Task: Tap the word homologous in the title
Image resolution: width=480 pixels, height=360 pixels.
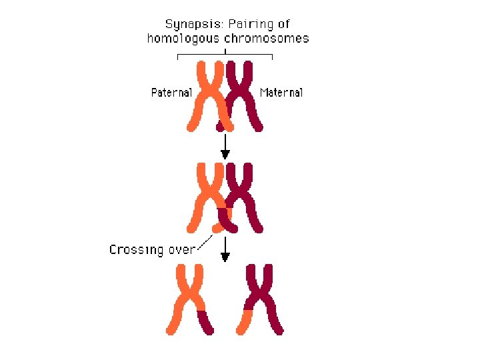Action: (x=183, y=38)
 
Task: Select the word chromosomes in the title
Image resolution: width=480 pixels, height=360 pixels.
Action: (x=267, y=38)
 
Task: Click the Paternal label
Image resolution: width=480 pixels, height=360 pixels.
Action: (x=171, y=93)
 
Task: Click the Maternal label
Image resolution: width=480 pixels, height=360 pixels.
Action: (x=281, y=93)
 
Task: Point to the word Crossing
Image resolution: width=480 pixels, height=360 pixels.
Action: (x=136, y=250)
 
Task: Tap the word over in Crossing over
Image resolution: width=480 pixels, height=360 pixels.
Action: (x=181, y=250)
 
